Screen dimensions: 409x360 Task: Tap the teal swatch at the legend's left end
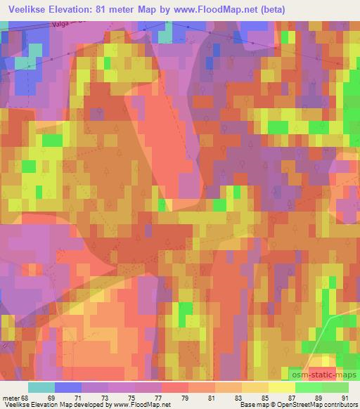click(x=41, y=387)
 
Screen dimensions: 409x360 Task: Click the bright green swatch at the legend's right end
click(x=336, y=387)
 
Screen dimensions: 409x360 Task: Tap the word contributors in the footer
click(x=338, y=405)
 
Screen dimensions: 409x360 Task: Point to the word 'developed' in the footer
click(x=82, y=405)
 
